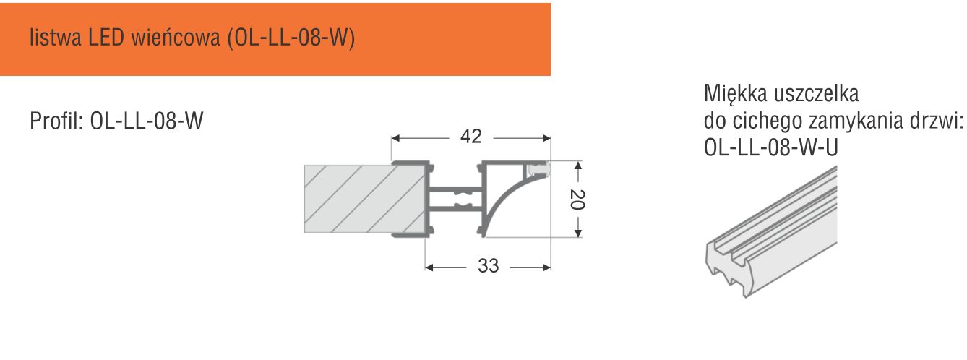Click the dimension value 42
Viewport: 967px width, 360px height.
471,137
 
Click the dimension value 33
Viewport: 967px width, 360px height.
489,266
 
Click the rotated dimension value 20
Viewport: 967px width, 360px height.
577,200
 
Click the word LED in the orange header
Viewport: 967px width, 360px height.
106,38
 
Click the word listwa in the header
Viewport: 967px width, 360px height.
56,38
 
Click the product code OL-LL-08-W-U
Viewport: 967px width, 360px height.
771,148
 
